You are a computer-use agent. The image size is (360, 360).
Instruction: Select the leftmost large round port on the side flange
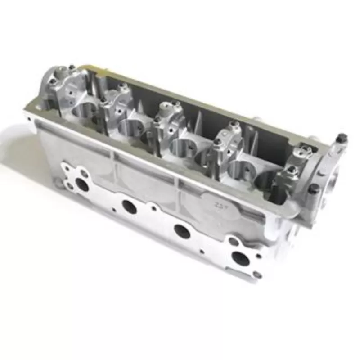(x=82, y=184)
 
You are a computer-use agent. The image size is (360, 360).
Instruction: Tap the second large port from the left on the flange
(x=129, y=207)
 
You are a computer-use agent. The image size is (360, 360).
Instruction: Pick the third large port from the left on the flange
(x=182, y=231)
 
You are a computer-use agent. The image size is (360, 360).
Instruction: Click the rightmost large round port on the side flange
(x=240, y=258)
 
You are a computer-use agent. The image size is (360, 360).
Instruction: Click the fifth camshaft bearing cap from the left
(x=295, y=169)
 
